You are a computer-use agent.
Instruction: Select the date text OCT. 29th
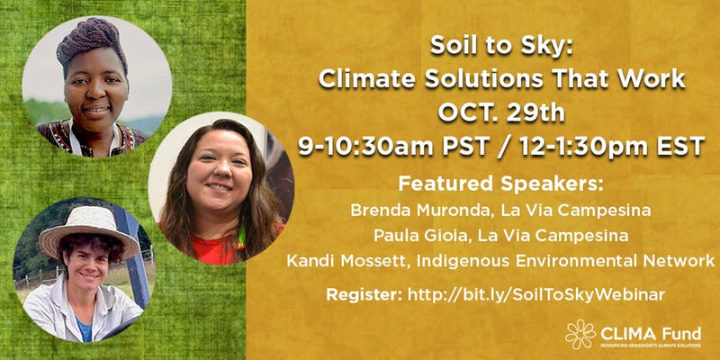[x=501, y=112]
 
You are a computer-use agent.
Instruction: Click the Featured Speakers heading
[x=500, y=184]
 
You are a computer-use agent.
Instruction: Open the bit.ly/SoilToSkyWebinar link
[x=536, y=294]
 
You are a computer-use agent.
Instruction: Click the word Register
[x=364, y=295]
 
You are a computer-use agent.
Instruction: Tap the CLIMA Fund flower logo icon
[x=580, y=334]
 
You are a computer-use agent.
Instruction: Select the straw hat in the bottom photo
[x=88, y=231]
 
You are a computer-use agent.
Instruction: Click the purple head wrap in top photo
[x=91, y=41]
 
